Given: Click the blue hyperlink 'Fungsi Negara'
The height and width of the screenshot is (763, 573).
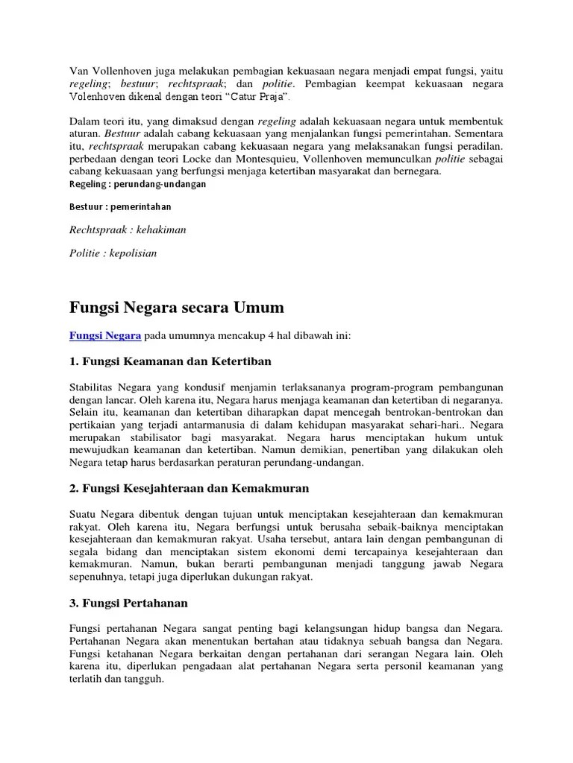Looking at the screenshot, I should click(104, 336).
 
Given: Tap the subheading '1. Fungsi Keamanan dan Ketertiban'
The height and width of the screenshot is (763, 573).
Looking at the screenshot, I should click(170, 361).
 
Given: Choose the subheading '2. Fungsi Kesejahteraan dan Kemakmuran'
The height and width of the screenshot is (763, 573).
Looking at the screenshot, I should click(189, 488).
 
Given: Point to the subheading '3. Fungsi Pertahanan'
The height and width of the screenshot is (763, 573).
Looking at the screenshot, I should click(128, 602).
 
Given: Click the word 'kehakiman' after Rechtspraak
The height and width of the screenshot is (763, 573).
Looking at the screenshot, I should click(157, 229).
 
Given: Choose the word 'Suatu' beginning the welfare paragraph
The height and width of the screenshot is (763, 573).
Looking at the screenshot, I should click(84, 513).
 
